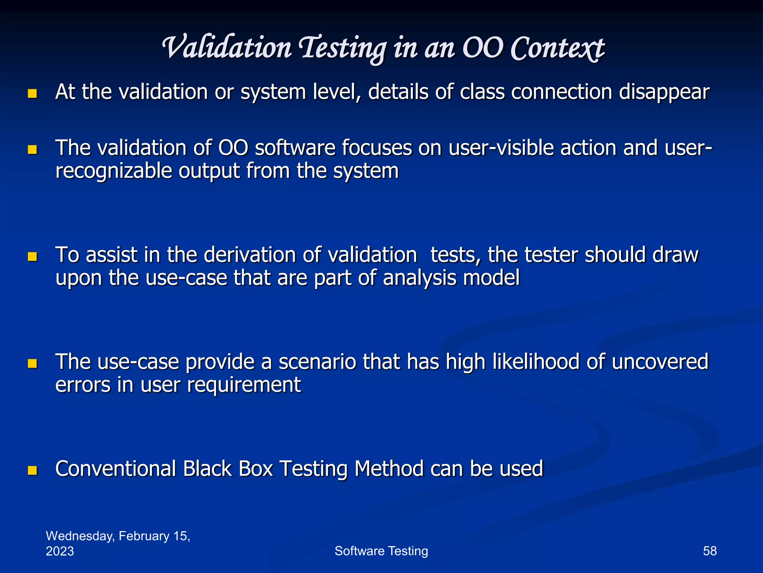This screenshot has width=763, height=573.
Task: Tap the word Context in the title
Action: pos(557,48)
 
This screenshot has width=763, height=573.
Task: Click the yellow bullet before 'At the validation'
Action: pos(32,93)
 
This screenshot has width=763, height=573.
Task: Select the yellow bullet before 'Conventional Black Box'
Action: pos(32,470)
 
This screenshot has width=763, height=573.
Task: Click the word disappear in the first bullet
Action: pos(664,93)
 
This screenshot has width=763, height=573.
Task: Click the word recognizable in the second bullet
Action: pos(114,171)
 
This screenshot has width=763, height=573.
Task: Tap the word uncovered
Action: pos(660,362)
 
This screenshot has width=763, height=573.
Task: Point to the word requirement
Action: pos(244,385)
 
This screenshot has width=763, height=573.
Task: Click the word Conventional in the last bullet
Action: pos(115,469)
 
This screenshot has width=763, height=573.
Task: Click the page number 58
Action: pos(709,551)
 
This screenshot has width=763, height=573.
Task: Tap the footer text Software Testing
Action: pos(381,551)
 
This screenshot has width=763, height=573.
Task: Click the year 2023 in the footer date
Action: pos(60,551)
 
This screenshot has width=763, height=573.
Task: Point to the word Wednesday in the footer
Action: pos(80,536)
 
